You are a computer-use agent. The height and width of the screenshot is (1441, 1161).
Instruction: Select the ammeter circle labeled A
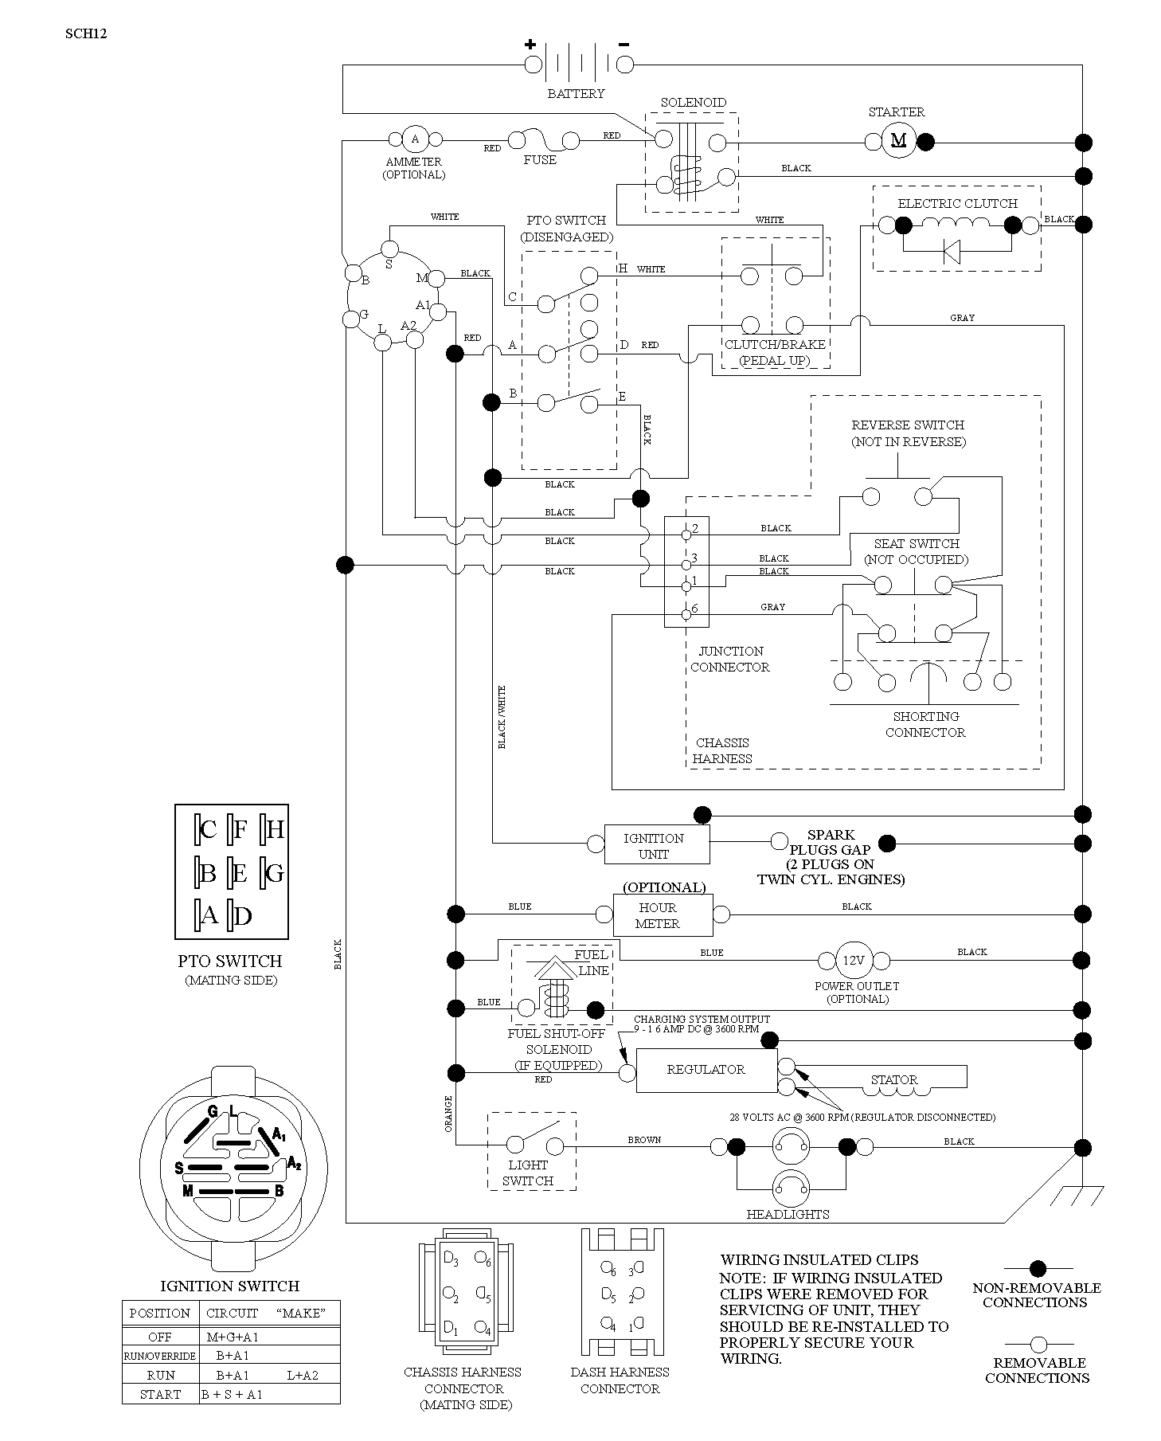tap(414, 139)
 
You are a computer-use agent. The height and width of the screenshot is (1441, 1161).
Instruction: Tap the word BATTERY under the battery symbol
tap(576, 94)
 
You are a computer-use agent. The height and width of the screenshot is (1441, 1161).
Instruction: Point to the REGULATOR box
tap(706, 1070)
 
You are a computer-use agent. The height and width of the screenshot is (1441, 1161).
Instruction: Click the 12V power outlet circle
tap(853, 961)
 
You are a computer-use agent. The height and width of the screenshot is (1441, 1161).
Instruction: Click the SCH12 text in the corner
tap(86, 33)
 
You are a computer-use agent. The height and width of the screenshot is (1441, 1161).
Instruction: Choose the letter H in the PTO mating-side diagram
tap(275, 830)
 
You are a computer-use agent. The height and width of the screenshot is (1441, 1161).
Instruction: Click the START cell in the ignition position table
tap(160, 1394)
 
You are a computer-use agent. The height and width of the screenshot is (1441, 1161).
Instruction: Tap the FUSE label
tap(540, 160)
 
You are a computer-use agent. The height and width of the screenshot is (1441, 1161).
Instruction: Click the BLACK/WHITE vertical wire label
tap(502, 717)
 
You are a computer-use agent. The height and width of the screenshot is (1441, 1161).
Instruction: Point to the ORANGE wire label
tap(448, 1114)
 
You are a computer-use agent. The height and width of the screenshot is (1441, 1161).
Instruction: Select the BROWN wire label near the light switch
tap(644, 1140)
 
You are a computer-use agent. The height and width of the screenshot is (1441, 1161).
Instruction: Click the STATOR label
tap(893, 1080)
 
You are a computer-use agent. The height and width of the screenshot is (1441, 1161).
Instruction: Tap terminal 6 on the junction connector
tap(686, 614)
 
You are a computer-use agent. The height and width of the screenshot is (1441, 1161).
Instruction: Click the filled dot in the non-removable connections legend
tap(1038, 1268)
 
